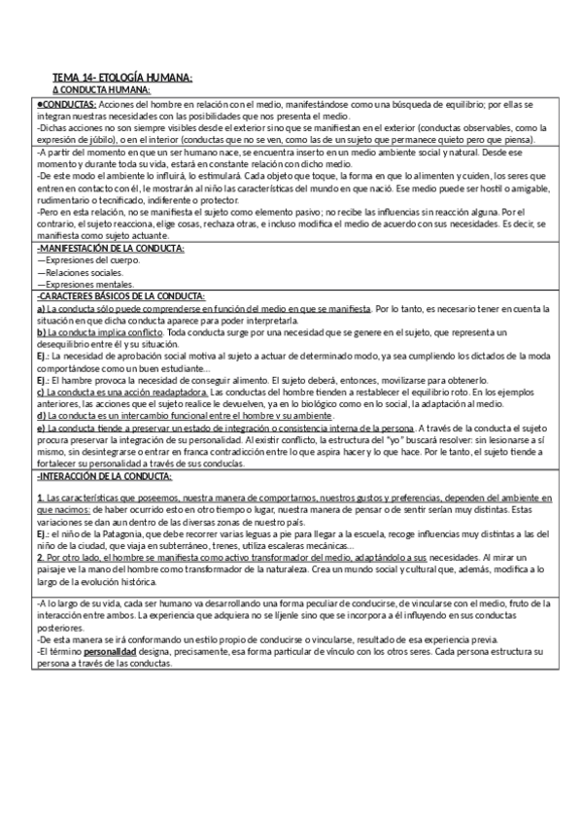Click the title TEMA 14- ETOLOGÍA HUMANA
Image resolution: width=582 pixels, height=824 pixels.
(122, 77)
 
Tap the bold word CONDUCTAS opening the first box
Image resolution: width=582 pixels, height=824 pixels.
(66, 103)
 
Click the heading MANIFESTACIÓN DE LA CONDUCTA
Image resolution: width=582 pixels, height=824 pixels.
(110, 250)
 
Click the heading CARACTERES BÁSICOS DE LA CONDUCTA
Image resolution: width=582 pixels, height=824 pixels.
(120, 296)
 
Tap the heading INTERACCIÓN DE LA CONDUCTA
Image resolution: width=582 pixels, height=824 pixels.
(102, 477)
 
